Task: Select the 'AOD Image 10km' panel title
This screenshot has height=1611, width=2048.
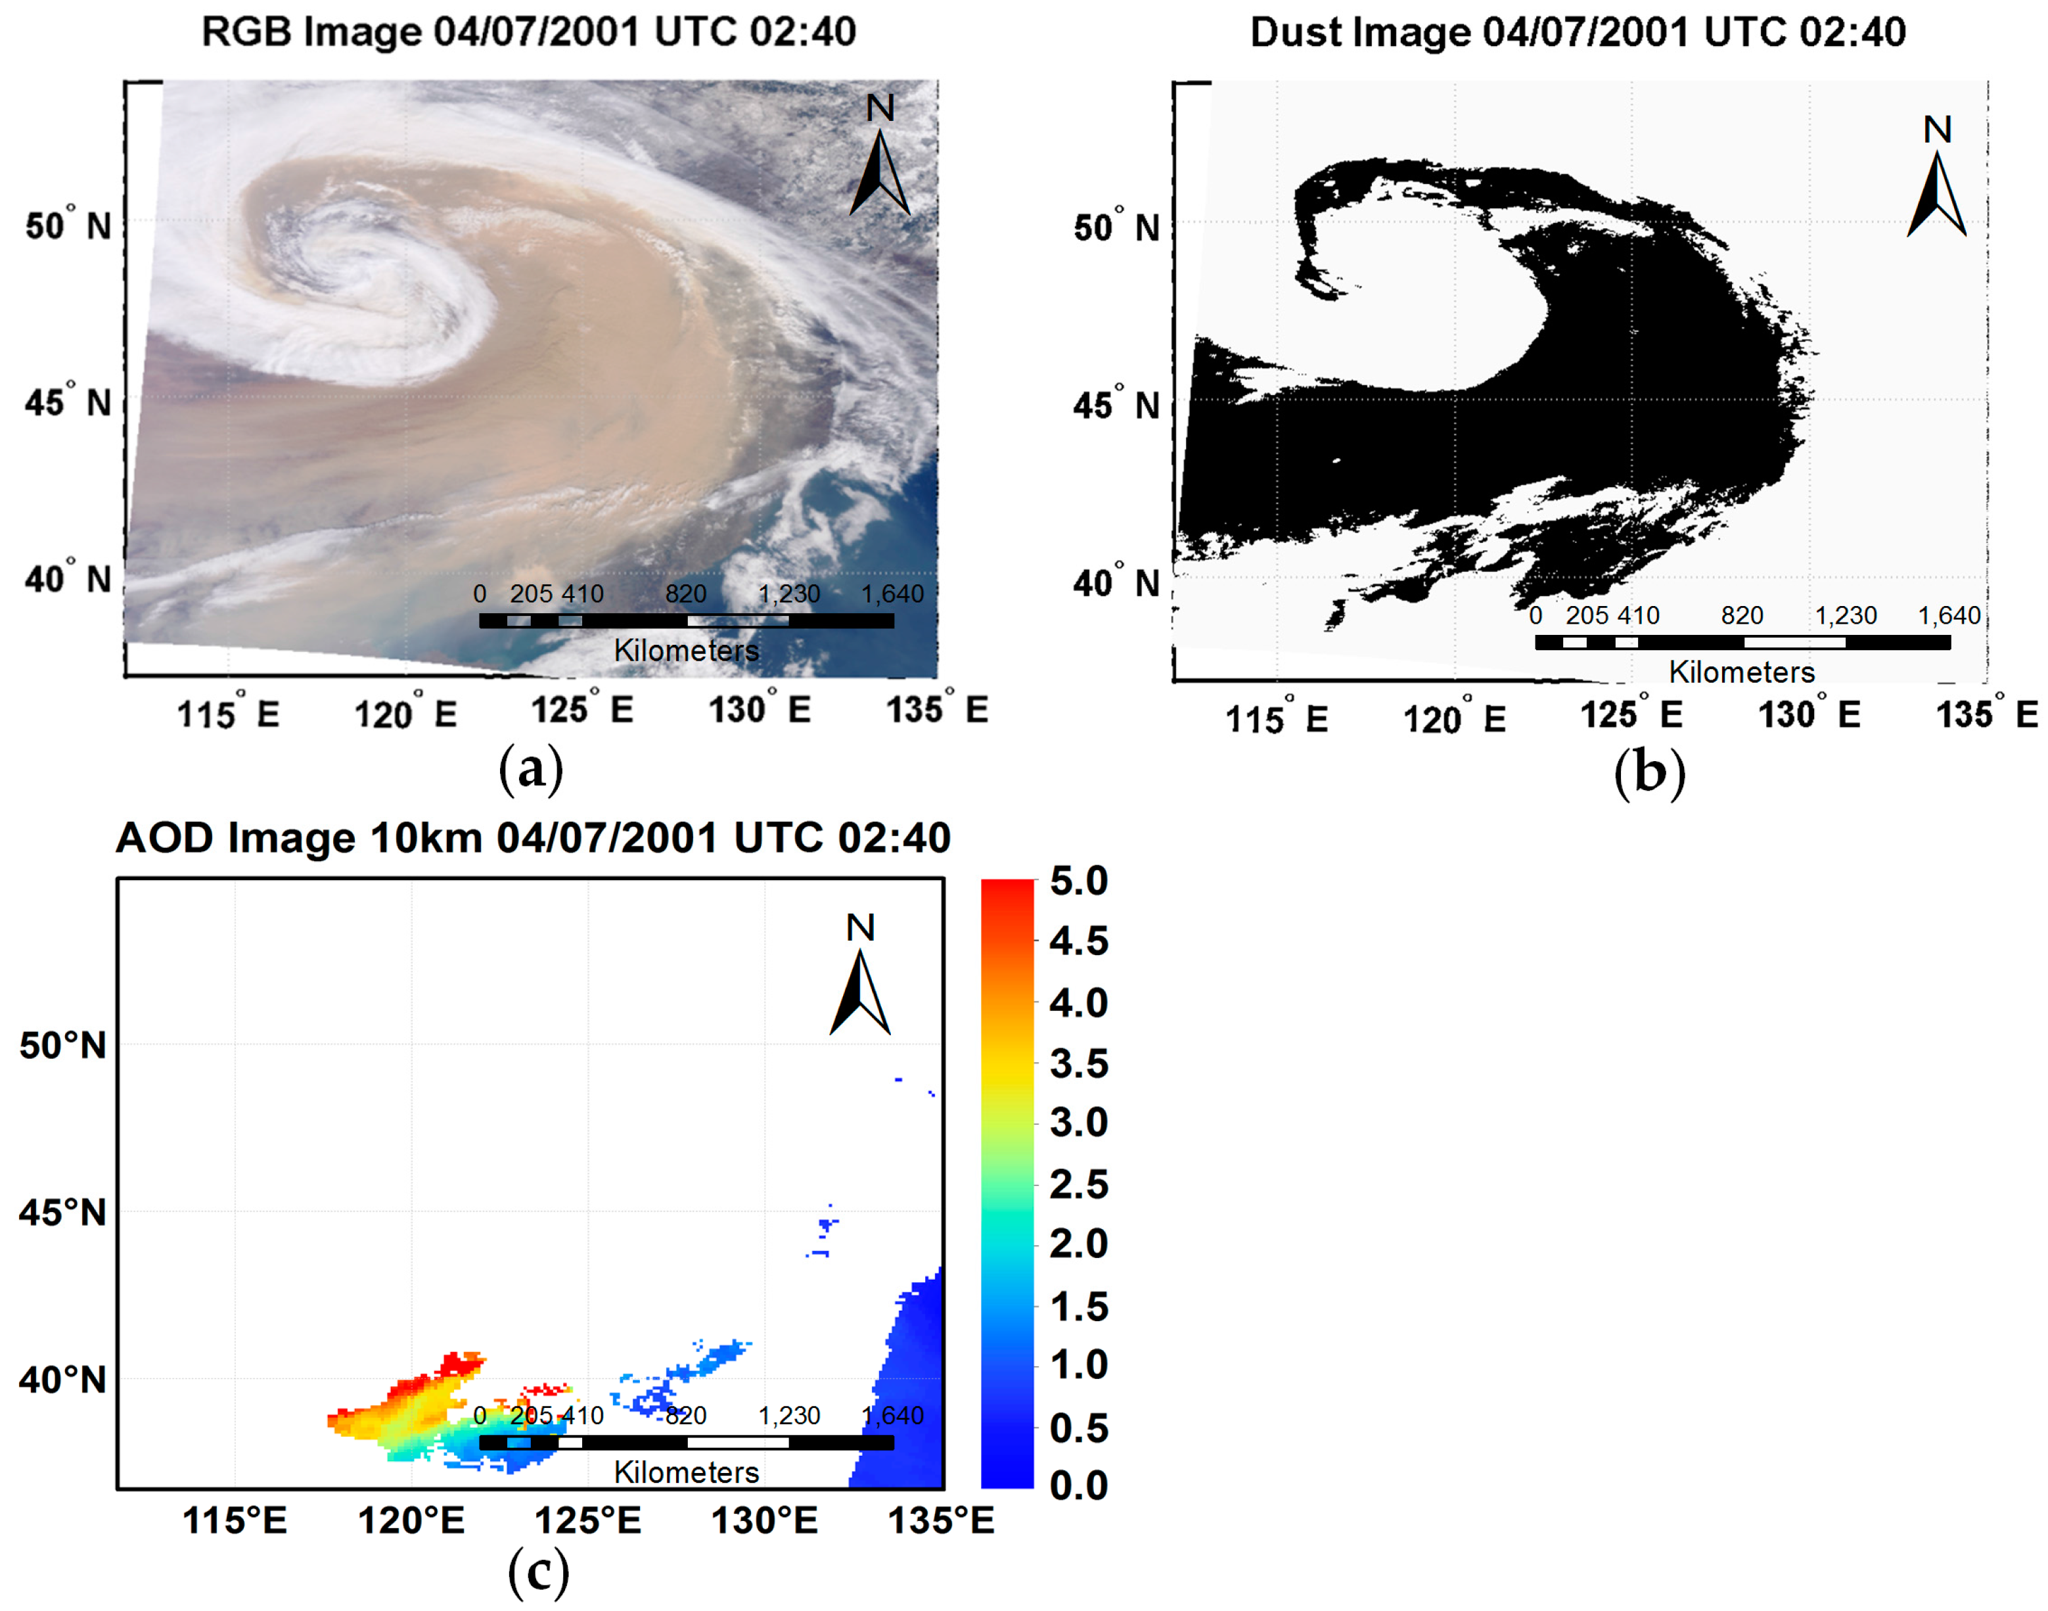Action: point(533,837)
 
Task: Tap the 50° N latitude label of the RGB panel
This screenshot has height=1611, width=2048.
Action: point(68,226)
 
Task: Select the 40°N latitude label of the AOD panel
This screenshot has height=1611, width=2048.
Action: point(62,1380)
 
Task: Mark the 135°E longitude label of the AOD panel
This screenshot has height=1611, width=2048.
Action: point(940,1520)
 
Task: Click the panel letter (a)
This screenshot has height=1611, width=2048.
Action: point(531,769)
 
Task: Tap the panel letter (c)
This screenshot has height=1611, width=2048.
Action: point(537,1572)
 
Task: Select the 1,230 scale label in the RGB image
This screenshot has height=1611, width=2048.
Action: point(788,594)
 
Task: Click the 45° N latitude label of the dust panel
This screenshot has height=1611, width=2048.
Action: point(1116,406)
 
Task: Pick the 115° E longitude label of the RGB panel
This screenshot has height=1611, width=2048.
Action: point(228,714)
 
